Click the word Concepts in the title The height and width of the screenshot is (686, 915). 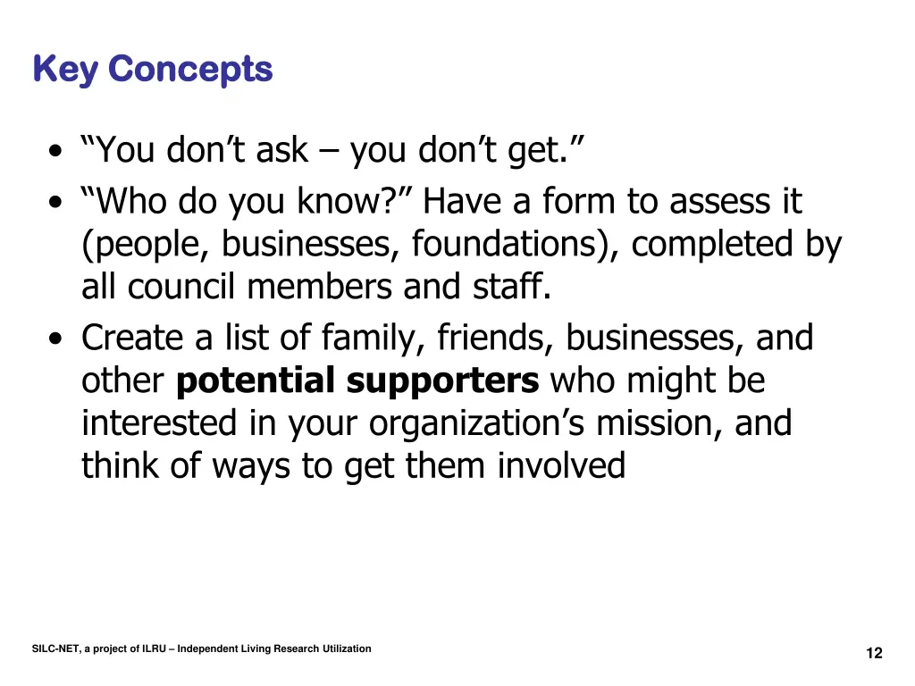192,69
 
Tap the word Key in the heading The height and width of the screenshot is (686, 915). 65,69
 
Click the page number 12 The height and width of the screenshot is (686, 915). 874,653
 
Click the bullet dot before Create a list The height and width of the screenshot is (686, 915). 56,340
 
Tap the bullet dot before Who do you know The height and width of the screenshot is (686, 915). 56,204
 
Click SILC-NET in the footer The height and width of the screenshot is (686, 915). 55,648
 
